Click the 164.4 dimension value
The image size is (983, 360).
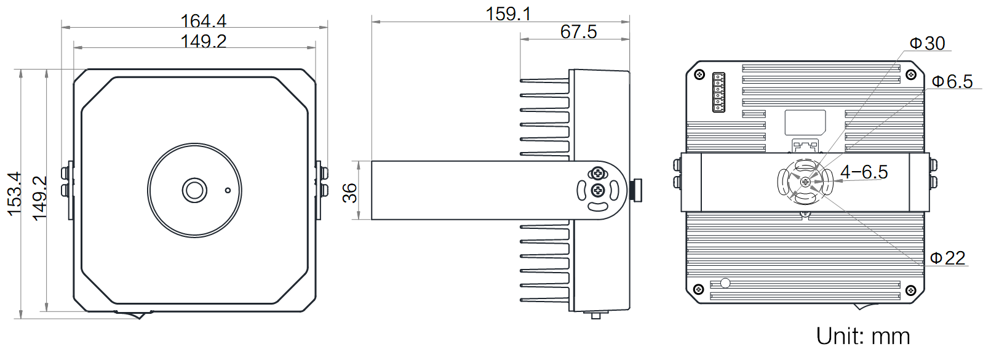[x=203, y=21]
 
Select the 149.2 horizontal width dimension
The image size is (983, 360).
[x=203, y=41]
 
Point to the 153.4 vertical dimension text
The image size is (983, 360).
[x=14, y=193]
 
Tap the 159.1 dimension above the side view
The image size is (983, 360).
[x=508, y=14]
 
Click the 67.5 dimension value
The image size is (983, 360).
[x=578, y=32]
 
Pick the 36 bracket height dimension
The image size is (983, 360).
[x=350, y=193]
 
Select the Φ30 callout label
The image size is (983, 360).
[x=927, y=43]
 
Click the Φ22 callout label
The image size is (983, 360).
[x=947, y=258]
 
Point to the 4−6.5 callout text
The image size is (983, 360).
[x=864, y=172]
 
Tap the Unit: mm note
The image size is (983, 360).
[x=862, y=337]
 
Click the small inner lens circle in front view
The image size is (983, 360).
[x=194, y=190]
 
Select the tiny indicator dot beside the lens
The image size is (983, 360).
[x=228, y=190]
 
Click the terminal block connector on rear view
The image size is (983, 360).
[x=718, y=92]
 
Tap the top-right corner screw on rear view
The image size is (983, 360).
[x=911, y=75]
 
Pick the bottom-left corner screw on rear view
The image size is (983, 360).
[x=698, y=289]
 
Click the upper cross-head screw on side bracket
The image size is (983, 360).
[x=597, y=174]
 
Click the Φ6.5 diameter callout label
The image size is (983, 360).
[x=952, y=82]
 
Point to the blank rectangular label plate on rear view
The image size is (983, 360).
[x=805, y=122]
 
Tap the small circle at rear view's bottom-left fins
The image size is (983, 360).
[x=725, y=283]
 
